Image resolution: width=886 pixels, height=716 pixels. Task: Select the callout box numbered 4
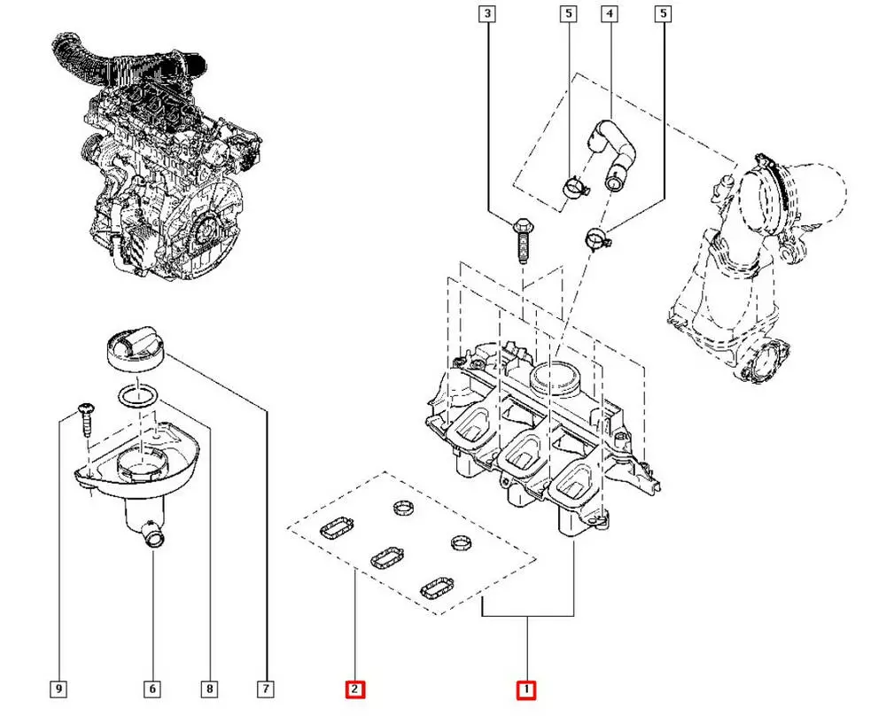[x=609, y=13]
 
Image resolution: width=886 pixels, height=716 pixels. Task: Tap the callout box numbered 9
[x=58, y=688]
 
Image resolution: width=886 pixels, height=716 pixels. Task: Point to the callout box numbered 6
[x=152, y=688]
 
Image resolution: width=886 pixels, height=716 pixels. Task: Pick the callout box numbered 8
[x=209, y=688]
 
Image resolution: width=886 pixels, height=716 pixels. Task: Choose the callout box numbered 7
[x=265, y=688]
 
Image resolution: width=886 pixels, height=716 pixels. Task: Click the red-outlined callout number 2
[x=354, y=689]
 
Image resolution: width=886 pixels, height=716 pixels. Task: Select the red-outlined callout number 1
[x=526, y=689]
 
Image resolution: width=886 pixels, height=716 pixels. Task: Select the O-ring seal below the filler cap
[x=138, y=396]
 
